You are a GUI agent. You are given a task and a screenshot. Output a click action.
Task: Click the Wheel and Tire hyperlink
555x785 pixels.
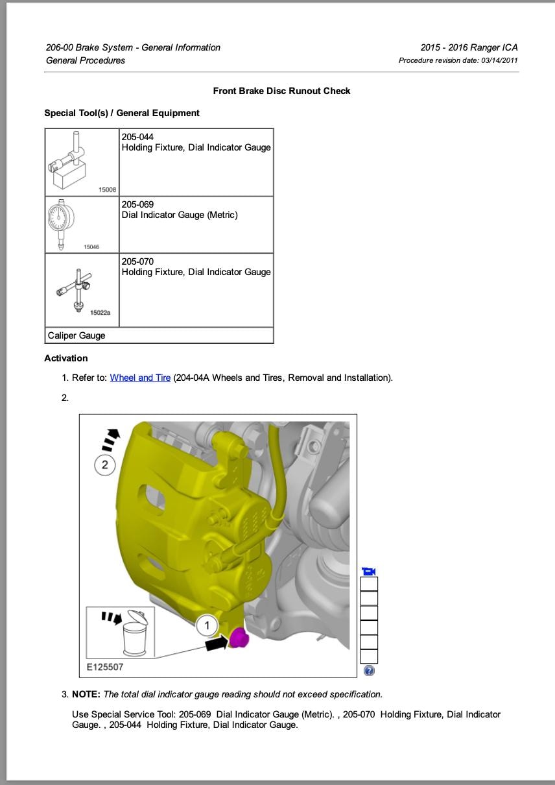pos(140,378)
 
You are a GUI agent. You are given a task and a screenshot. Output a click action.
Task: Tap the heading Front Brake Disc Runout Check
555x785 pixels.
pos(281,91)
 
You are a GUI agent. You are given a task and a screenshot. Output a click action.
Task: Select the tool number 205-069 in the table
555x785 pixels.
pos(137,204)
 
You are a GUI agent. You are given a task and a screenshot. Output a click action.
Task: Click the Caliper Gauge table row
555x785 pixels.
pos(159,335)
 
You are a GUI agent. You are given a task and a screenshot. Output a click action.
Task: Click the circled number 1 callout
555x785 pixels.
pos(207,625)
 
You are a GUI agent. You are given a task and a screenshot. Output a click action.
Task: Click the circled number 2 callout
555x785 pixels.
pos(105,465)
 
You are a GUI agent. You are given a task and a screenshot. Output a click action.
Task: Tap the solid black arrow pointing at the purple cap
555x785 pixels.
pos(217,642)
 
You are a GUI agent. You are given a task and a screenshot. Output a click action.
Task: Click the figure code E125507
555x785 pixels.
pos(105,666)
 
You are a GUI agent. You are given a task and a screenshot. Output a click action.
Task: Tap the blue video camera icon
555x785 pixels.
pos(369,571)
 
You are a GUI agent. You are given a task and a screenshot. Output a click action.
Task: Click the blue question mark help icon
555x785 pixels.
pos(369,671)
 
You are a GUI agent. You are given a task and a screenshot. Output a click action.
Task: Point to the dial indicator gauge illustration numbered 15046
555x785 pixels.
pos(62,223)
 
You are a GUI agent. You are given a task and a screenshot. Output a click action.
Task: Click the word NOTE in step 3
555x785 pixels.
pos(86,694)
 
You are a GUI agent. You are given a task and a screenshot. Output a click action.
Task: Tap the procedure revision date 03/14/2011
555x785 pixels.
pos(499,60)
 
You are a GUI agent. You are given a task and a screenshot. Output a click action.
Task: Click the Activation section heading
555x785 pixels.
pos(66,358)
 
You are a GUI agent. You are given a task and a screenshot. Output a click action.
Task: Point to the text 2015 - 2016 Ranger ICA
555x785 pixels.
pos(469,47)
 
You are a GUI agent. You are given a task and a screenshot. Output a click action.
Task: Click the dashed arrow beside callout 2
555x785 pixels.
pos(111,439)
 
